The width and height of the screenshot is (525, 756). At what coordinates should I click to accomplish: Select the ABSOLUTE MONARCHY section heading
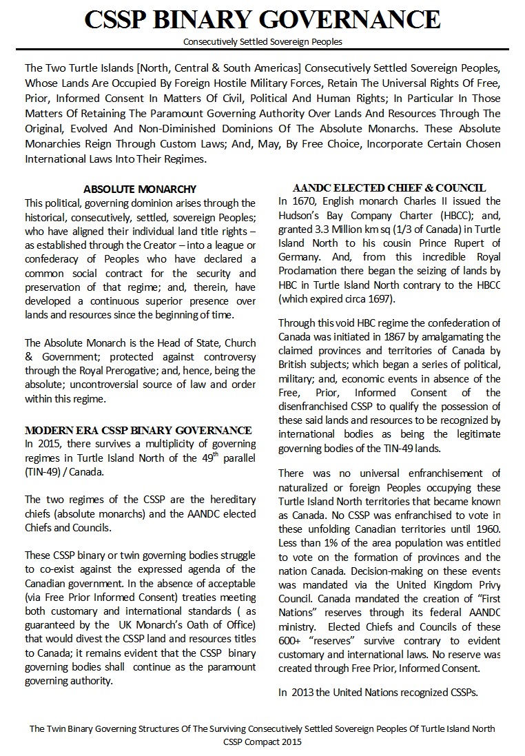(x=140, y=189)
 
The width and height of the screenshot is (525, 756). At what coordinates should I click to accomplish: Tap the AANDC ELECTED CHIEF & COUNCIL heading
(x=389, y=187)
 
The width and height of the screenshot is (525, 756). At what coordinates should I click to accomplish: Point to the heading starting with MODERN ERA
(x=138, y=431)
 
